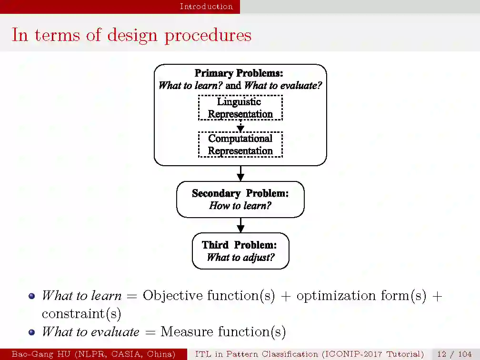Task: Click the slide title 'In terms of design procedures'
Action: click(x=131, y=35)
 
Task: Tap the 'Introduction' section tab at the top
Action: click(x=206, y=6)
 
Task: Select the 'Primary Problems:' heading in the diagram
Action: click(x=239, y=73)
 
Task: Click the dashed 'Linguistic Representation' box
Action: click(x=240, y=108)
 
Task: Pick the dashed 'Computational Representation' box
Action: click(x=240, y=144)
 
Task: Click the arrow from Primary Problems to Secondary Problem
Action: click(x=240, y=173)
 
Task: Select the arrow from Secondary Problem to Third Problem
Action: click(x=240, y=225)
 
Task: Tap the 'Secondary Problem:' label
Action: click(x=240, y=193)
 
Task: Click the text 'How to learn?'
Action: click(x=240, y=206)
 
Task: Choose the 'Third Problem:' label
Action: click(x=239, y=245)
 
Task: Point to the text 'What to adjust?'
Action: click(x=240, y=258)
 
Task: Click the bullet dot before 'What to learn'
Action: click(x=32, y=296)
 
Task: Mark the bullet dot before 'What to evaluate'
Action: click(x=32, y=332)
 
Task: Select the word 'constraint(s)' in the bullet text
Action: click(x=81, y=314)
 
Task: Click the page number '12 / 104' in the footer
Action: click(x=454, y=354)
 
